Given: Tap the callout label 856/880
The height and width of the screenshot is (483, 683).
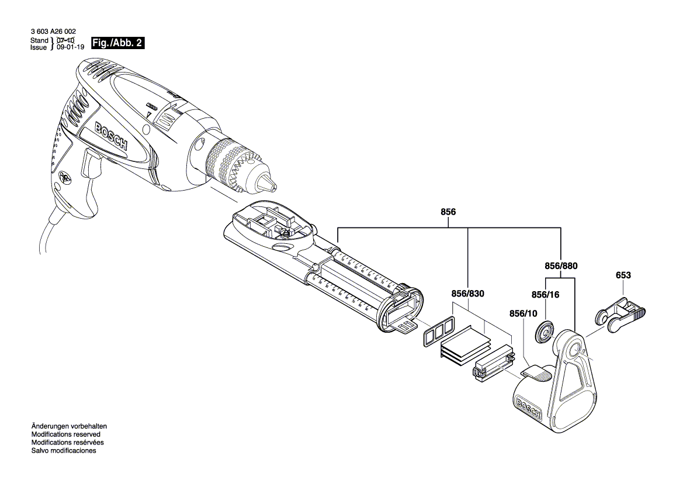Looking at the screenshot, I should tap(561, 265).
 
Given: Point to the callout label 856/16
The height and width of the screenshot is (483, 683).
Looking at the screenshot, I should tap(546, 295).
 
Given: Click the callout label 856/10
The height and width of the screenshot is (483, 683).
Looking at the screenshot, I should tap(523, 313).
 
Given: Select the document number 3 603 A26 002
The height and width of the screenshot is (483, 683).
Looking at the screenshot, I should tap(53, 32).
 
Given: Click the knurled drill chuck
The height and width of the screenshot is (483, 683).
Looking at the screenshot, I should tap(234, 163).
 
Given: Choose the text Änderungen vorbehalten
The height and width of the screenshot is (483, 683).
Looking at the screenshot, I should tap(69, 427).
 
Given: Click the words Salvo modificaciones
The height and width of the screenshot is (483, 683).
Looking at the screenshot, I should tap(63, 451).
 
